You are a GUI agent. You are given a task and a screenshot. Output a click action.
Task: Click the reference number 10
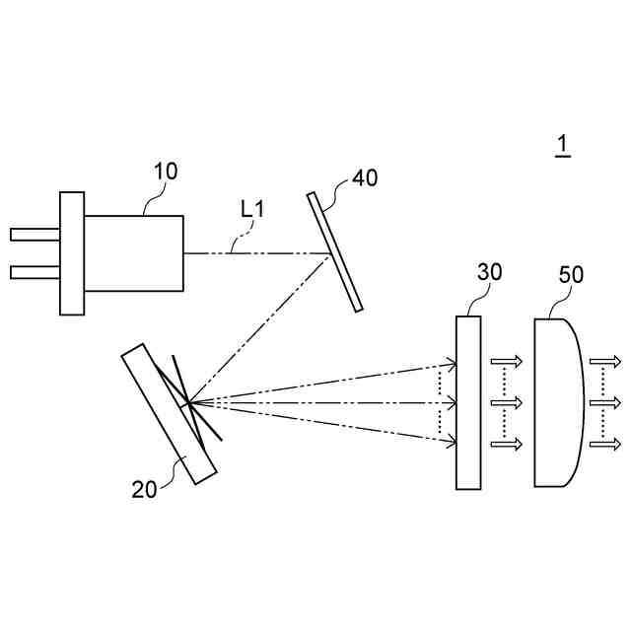tap(165, 171)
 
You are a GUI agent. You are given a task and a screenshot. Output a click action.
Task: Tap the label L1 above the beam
tap(253, 209)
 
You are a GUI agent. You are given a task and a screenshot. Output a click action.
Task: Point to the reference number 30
tap(489, 273)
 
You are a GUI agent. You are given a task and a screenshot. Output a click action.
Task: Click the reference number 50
tap(571, 274)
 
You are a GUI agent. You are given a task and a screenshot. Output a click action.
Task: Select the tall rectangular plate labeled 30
tap(468, 401)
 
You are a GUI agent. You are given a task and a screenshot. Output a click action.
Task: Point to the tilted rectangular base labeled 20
tap(170, 412)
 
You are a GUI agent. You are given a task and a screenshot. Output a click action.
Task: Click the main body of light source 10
tap(133, 252)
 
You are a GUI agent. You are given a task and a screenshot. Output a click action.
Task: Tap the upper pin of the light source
tap(35, 235)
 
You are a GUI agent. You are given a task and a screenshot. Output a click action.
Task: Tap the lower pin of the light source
tap(35, 271)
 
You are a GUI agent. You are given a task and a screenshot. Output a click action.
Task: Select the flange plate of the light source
tap(72, 253)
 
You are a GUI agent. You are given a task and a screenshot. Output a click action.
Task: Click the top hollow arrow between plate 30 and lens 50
tap(506, 361)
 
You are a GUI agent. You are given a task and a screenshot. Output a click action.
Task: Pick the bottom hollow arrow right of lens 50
tap(605, 444)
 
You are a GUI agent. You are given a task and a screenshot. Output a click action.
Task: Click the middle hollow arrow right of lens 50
tap(605, 402)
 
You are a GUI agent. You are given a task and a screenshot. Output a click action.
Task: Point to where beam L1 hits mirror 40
tap(329, 253)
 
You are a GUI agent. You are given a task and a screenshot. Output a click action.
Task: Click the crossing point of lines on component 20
tap(186, 401)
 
